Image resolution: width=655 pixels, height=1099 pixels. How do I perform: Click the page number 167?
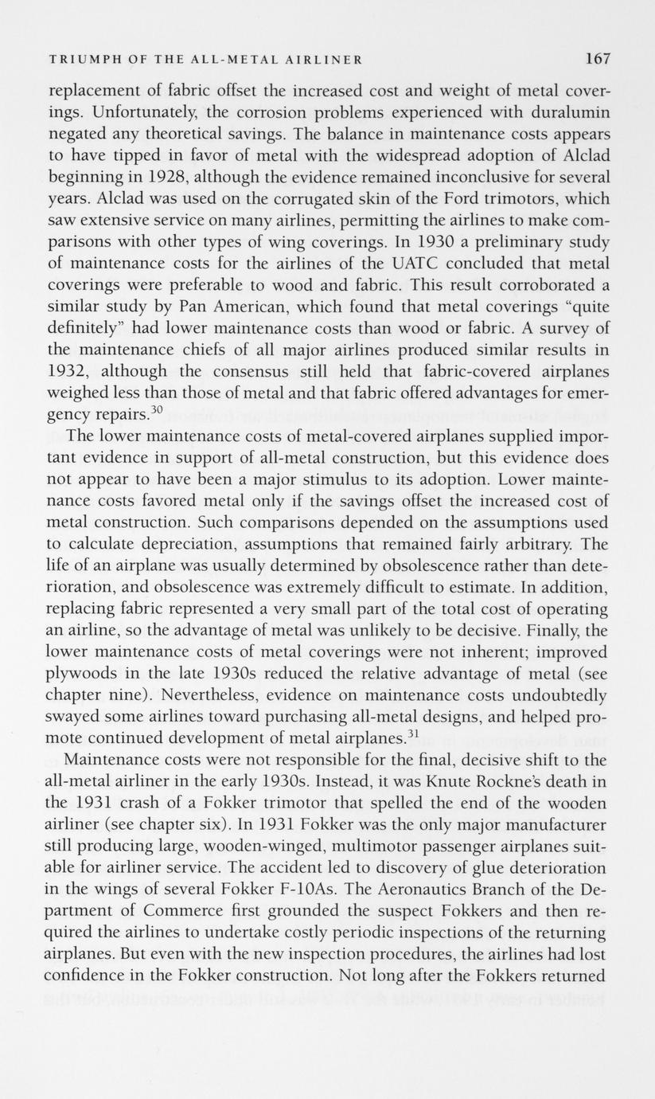click(x=597, y=58)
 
